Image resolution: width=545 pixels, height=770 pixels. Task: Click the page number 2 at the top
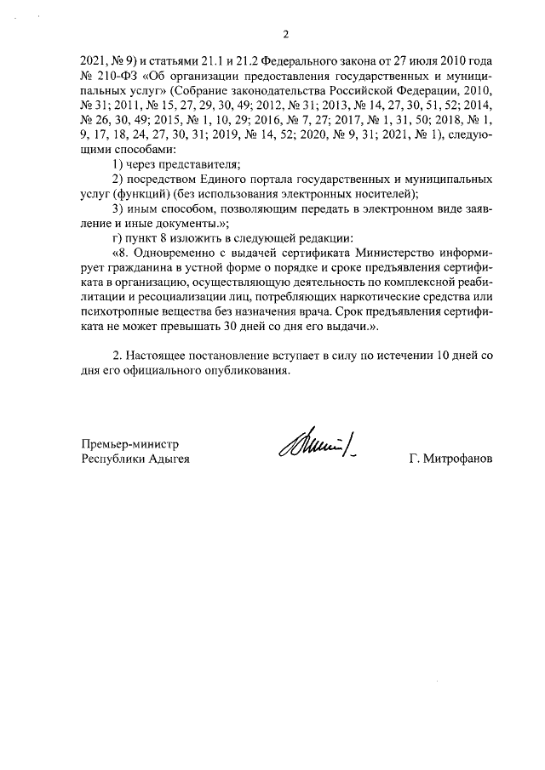pyautogui.click(x=285, y=35)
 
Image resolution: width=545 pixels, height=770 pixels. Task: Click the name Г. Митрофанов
pyautogui.click(x=450, y=459)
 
